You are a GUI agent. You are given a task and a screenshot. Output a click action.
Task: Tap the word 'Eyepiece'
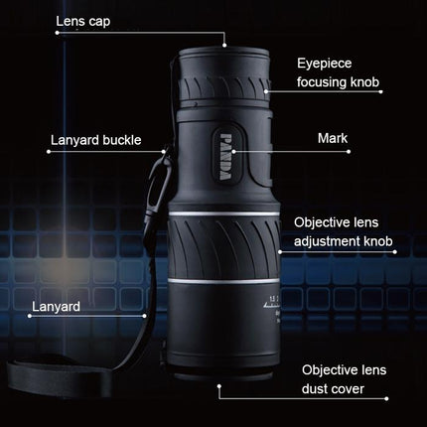324,62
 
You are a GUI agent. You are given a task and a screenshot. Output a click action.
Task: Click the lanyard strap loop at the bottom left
60,382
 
